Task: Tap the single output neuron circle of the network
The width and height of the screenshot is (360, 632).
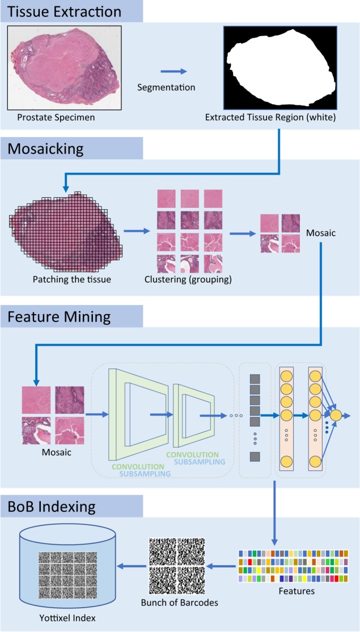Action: [336, 415]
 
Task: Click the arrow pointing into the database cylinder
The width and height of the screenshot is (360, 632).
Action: [130, 564]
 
